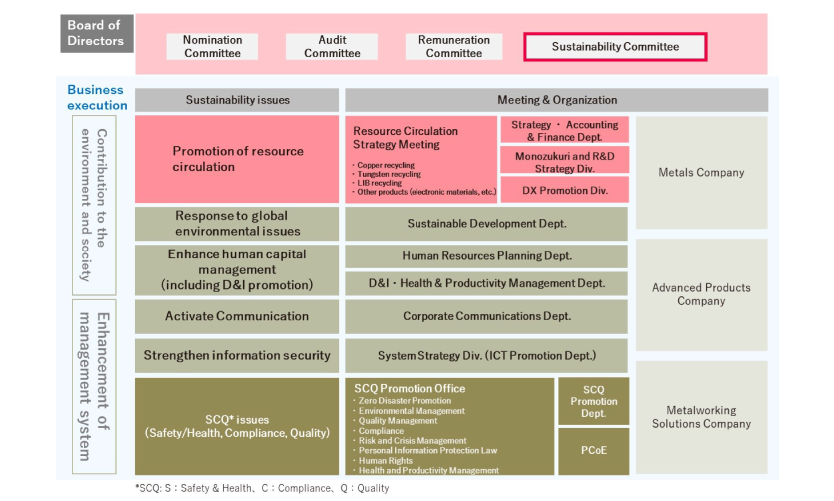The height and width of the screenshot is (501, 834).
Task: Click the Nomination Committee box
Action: [212, 46]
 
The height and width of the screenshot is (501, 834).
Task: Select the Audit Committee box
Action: [332, 46]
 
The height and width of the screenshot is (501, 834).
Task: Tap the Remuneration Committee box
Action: [453, 46]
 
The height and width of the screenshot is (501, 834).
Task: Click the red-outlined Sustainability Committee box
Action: [615, 47]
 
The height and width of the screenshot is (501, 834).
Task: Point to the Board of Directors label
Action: [96, 33]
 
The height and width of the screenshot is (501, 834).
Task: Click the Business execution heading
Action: [97, 97]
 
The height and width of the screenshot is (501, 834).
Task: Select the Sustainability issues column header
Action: [237, 100]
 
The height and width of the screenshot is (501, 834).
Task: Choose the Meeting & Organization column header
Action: [557, 100]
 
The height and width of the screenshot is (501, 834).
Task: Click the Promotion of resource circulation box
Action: [237, 159]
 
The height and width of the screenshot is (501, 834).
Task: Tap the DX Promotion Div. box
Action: [565, 191]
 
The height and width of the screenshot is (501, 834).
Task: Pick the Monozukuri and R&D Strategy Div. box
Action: [565, 162]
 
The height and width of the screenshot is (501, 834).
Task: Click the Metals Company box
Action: [701, 172]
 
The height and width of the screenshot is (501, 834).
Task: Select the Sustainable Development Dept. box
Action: [486, 224]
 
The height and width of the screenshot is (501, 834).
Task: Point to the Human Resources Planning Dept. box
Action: [486, 256]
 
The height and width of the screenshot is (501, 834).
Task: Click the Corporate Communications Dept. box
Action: [486, 316]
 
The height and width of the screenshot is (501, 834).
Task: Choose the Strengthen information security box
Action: [237, 355]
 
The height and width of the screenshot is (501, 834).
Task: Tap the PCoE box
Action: [593, 450]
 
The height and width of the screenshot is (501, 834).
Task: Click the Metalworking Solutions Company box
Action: [701, 417]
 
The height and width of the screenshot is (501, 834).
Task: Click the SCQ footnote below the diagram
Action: [262, 488]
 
